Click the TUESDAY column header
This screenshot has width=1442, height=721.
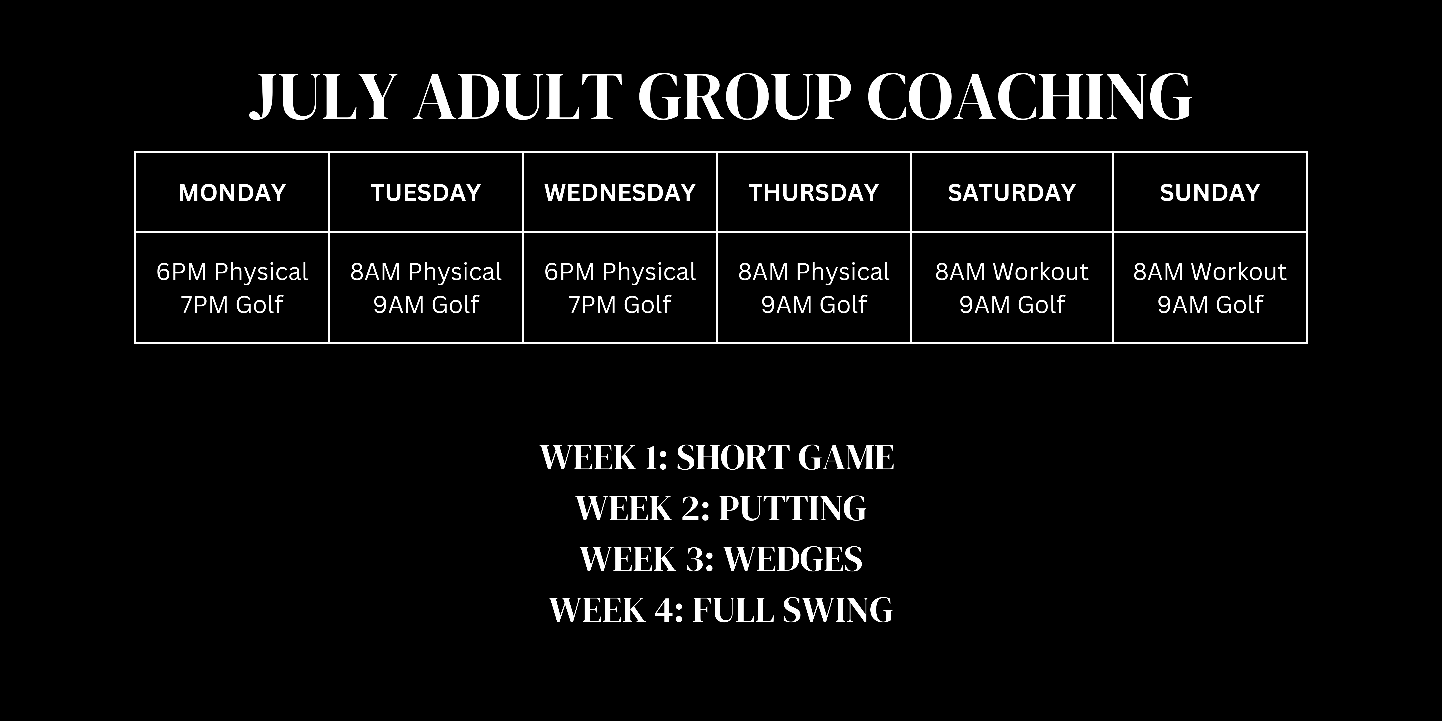tap(426, 193)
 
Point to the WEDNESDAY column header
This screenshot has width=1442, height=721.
tap(620, 193)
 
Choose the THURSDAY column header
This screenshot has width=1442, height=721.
tap(814, 193)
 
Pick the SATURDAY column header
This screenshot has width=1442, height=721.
tap(1012, 193)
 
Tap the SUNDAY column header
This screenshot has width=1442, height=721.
tap(1210, 193)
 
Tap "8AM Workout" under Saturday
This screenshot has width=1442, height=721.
tap(1012, 272)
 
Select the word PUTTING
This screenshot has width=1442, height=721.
tap(793, 508)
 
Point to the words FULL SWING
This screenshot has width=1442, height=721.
tap(793, 610)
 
